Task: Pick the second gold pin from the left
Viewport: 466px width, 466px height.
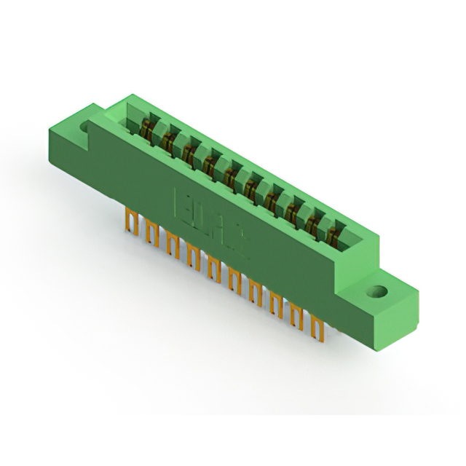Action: [x=151, y=234]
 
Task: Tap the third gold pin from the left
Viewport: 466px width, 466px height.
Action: [x=173, y=245]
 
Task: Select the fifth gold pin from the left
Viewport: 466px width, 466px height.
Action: [x=213, y=268]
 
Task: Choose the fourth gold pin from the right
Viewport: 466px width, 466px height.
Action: [x=256, y=292]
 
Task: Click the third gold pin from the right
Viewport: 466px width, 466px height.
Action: [x=277, y=304]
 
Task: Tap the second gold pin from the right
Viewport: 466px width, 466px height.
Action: [x=297, y=316]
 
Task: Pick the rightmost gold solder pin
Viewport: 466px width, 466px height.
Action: [x=317, y=327]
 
